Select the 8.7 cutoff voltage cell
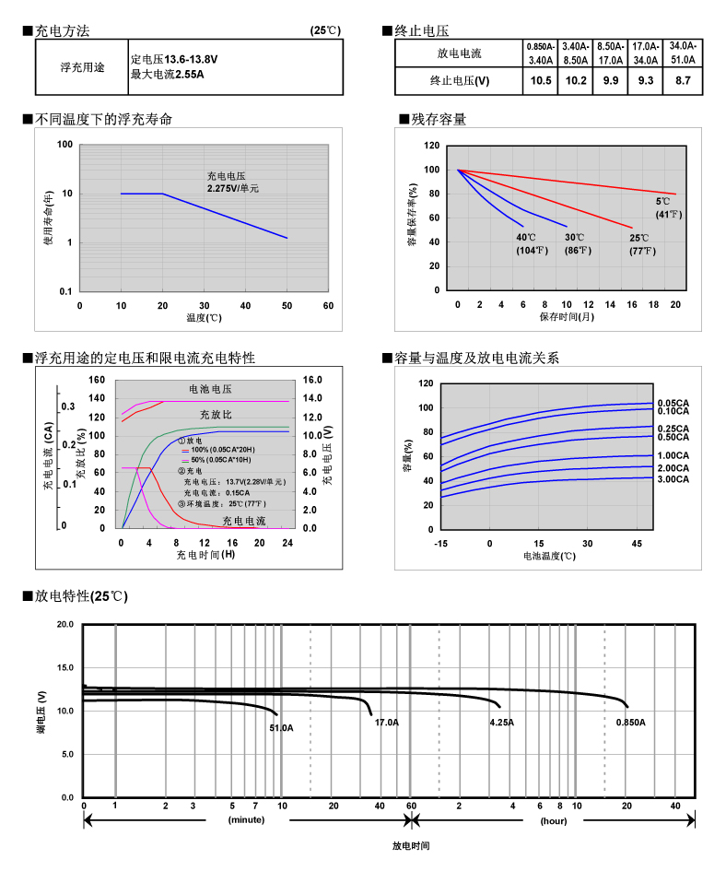683,81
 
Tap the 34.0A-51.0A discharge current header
683,53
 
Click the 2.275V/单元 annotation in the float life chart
233,188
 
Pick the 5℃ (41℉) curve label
667,208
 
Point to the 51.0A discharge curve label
281,728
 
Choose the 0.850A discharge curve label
631,723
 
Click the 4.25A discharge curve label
502,723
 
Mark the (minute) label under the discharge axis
247,819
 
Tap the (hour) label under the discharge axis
553,819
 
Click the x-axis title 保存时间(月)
567,317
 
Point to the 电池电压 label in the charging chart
210,389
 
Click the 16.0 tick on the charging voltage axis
312,380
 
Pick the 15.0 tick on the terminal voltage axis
64,667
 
